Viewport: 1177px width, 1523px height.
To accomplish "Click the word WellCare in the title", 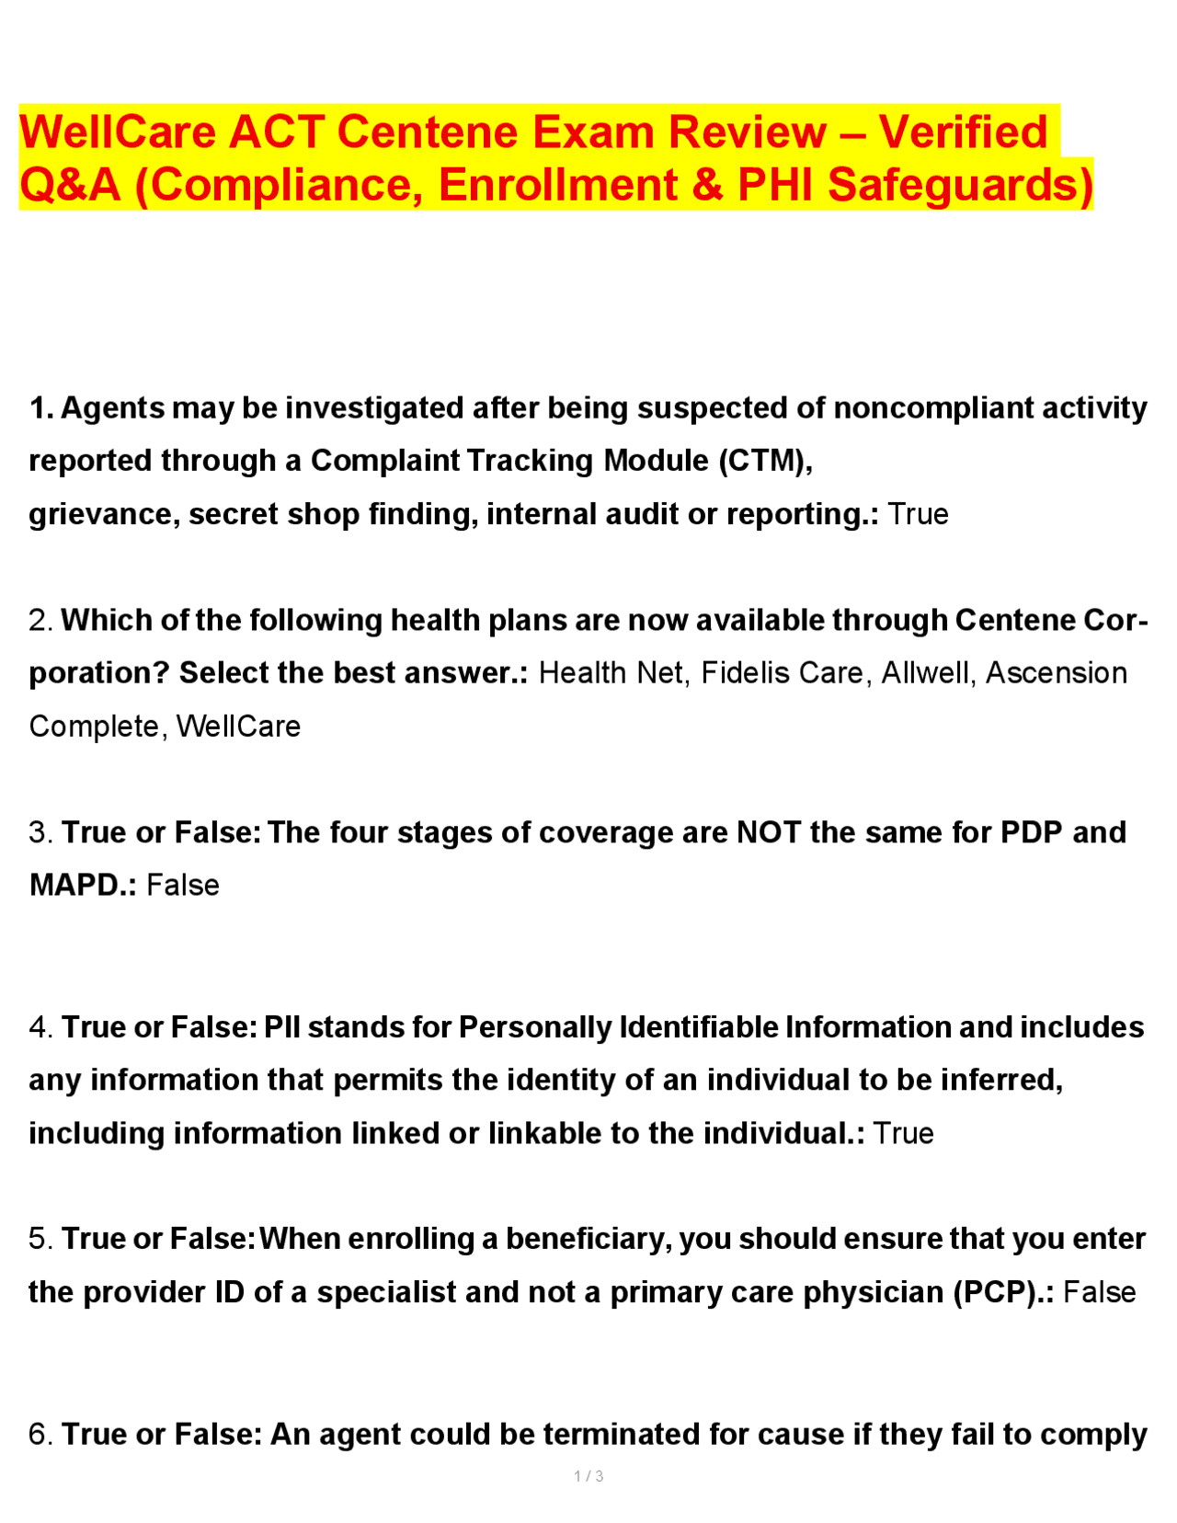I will click(118, 132).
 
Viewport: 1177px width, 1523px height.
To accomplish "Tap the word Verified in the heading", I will click(963, 132).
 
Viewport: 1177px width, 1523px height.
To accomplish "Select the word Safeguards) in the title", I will click(960, 184).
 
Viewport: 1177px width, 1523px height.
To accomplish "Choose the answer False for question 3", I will click(183, 885).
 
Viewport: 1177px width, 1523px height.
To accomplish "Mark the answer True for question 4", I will click(903, 1133).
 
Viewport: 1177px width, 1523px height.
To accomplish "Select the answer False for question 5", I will click(1100, 1292).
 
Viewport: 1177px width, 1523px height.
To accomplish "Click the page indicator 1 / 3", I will click(588, 1476).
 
